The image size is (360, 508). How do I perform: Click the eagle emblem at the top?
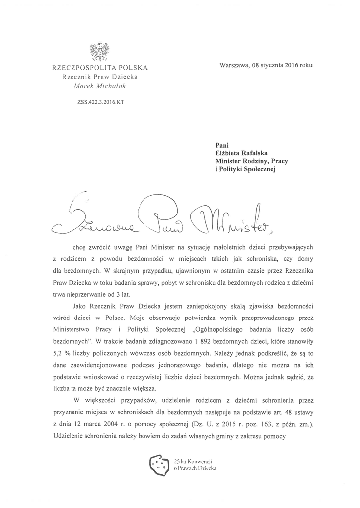[100, 51]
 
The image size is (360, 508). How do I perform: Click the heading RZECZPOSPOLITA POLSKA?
[100, 67]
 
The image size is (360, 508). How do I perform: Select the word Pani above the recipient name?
[221, 145]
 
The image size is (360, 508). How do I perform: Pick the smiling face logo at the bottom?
[159, 464]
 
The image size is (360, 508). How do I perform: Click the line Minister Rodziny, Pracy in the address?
[255, 161]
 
